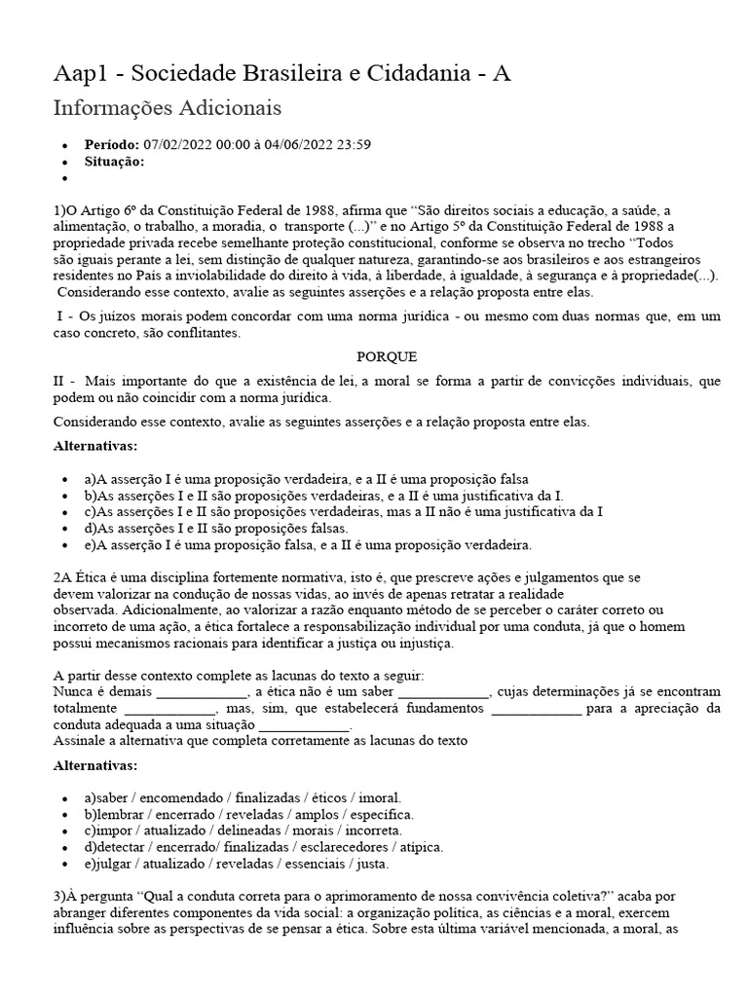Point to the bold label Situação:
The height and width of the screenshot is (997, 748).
(x=114, y=162)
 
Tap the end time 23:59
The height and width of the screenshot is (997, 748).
(x=350, y=145)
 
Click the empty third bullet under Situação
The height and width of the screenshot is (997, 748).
(x=65, y=178)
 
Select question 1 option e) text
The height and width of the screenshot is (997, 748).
(x=306, y=544)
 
